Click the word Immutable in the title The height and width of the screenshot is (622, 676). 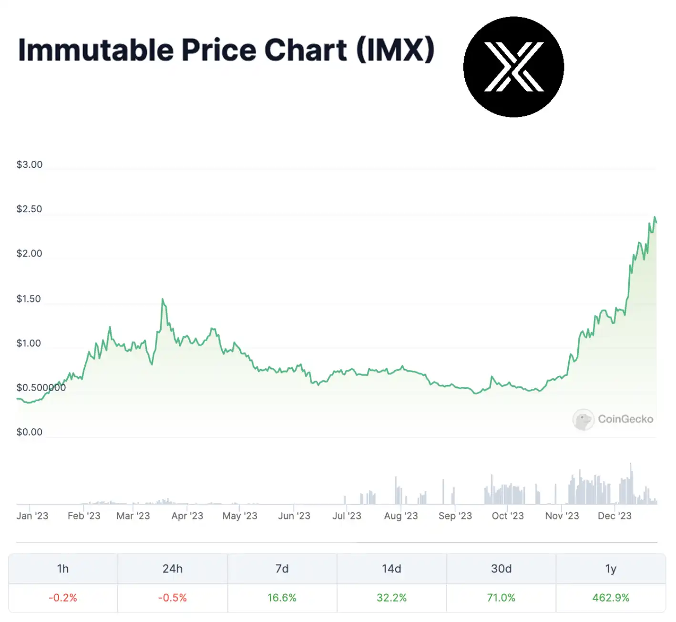click(96, 50)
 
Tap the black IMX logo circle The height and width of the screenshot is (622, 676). click(513, 67)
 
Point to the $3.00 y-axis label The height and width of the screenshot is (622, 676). click(29, 165)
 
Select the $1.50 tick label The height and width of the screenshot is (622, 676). click(29, 299)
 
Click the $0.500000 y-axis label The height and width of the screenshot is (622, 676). click(41, 388)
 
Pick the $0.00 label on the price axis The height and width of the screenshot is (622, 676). click(29, 432)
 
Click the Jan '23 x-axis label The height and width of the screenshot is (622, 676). click(32, 516)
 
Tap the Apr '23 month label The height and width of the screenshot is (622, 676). click(187, 516)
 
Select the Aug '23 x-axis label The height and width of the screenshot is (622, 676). click(401, 516)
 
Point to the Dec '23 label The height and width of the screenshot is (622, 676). click(615, 516)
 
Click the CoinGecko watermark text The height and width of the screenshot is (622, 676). click(625, 419)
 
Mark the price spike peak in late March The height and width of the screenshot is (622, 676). click(163, 300)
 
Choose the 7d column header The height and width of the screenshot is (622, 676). click(282, 569)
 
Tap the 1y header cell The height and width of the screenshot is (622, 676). click(611, 569)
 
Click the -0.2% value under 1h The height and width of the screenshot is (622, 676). click(63, 598)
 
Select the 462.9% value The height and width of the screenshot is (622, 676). click(611, 598)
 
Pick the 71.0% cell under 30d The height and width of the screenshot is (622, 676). click(501, 598)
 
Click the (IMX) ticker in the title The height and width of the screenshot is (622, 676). click(395, 50)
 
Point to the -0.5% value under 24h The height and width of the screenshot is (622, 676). click(173, 598)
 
